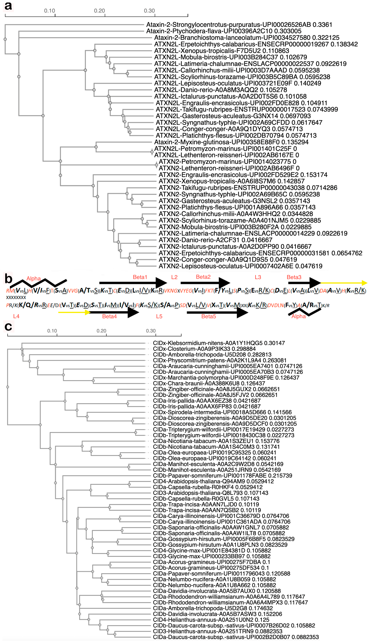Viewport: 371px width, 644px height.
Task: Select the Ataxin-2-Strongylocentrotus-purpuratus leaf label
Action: pyautogui.click(x=239, y=25)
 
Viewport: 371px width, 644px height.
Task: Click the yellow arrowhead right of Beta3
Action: pyautogui.click(x=364, y=283)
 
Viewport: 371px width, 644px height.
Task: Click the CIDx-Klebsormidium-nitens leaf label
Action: pyautogui.click(x=219, y=343)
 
